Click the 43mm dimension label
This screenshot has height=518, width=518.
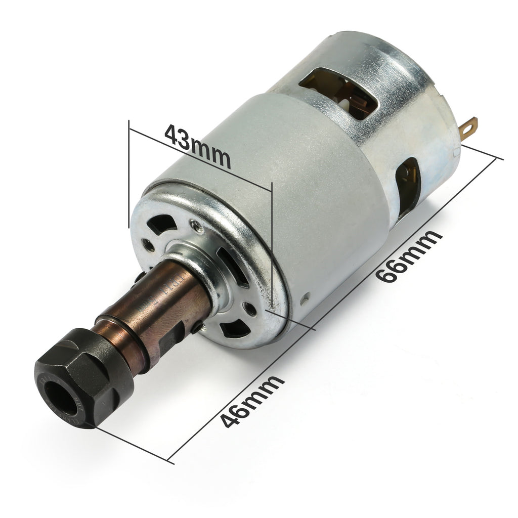(198, 147)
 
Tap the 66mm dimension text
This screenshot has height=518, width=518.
(409, 258)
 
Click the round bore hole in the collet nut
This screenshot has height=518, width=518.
(60, 395)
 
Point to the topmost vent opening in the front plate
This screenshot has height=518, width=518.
(162, 223)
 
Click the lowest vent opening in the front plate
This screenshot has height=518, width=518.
(235, 329)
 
